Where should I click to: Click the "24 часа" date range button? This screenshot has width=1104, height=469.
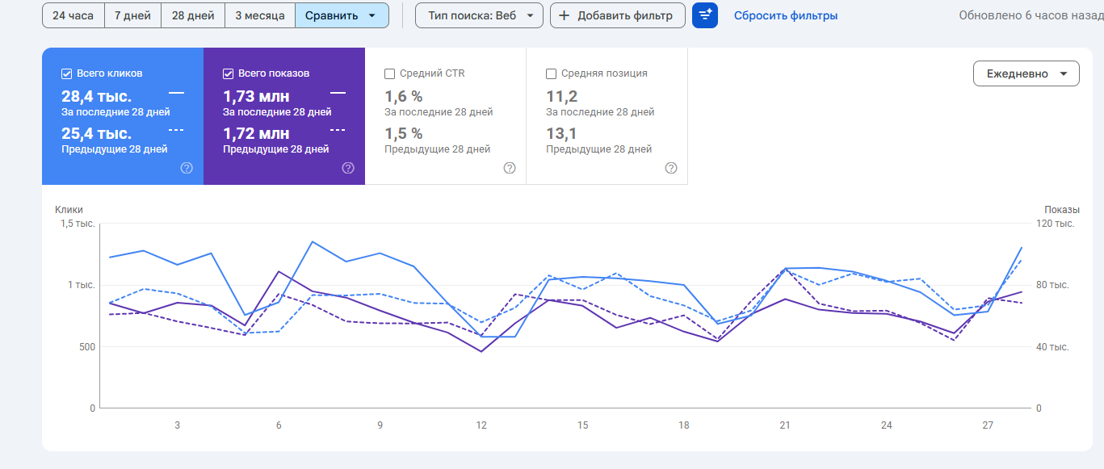coord(73,15)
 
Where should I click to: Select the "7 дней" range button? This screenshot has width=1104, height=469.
coord(132,15)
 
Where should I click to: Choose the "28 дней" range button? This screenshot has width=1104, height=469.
coord(193,15)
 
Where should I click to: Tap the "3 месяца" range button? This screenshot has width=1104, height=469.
coord(260,15)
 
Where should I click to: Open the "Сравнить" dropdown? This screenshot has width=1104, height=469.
coord(342,15)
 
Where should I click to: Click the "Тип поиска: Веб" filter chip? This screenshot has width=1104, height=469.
coord(479,15)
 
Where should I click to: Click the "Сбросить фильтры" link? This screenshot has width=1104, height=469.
coord(785,15)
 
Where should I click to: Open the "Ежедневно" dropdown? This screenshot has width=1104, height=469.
coord(1026,73)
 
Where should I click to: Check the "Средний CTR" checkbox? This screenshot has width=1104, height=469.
coord(390,73)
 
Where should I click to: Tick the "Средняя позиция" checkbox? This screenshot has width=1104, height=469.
coord(552,73)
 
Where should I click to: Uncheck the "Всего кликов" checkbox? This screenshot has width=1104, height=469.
coord(67,73)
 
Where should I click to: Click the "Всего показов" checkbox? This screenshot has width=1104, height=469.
coord(229,73)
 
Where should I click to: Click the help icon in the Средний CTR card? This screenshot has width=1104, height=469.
coord(510,168)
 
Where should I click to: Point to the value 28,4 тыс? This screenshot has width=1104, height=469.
coord(96,97)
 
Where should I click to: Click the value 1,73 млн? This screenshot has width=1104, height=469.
coord(256,97)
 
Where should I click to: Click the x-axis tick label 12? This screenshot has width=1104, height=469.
coord(481,425)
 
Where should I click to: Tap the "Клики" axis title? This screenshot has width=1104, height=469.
coord(69,210)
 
